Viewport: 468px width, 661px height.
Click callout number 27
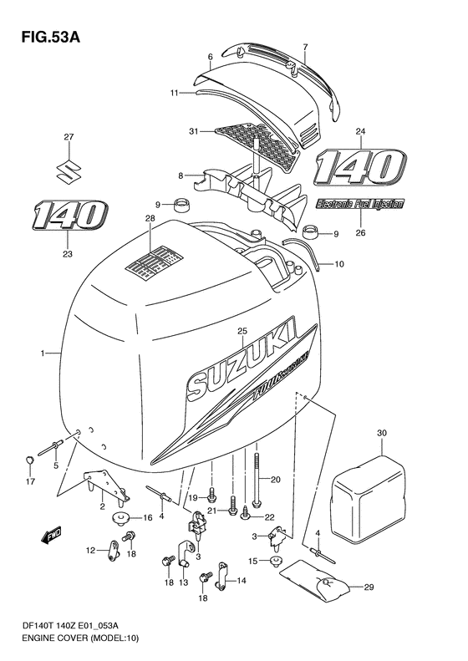[x=69, y=137]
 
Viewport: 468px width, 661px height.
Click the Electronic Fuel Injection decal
[x=360, y=203]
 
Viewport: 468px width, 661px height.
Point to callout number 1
[x=40, y=353]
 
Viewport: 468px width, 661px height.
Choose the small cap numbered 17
[x=29, y=458]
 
